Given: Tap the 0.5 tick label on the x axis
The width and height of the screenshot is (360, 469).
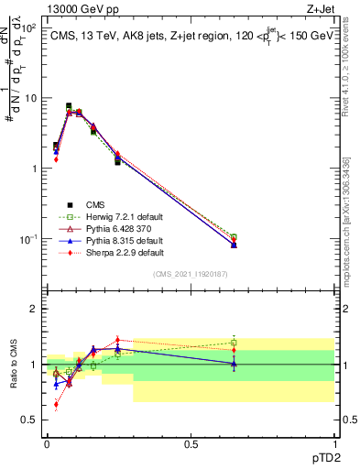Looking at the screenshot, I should pos(190,444).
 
